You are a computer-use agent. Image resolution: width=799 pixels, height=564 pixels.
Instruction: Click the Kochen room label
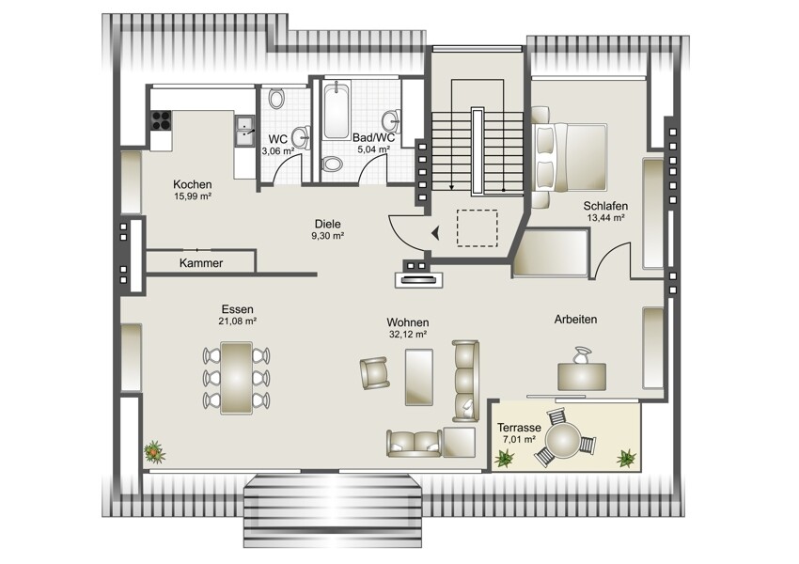click(192, 184)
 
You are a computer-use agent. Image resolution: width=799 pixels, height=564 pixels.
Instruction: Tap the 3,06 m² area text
click(277, 150)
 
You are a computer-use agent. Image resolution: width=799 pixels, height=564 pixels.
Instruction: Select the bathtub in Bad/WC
click(337, 111)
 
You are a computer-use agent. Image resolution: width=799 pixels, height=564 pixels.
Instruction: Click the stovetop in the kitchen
click(161, 120)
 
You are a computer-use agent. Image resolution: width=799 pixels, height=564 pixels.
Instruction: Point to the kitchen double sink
click(245, 131)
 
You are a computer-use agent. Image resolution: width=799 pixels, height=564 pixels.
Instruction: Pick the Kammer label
click(201, 263)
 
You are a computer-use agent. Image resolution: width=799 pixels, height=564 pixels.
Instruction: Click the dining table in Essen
click(237, 378)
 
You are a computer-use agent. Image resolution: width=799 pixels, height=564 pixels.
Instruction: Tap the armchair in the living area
click(374, 373)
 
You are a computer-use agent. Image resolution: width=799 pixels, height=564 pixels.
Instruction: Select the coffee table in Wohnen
click(419, 377)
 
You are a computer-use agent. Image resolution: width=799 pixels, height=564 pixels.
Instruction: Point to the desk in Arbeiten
click(582, 377)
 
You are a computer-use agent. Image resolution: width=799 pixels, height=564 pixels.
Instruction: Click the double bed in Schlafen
click(571, 157)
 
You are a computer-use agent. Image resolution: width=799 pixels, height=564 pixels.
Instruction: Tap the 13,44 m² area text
click(606, 217)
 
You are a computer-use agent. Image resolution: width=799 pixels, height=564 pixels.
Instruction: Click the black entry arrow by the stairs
click(435, 233)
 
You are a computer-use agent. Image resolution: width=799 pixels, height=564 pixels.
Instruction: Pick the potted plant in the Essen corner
click(154, 452)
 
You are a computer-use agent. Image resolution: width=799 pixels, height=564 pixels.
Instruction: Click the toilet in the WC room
click(276, 99)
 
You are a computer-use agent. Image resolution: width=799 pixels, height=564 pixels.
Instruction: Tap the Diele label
click(328, 224)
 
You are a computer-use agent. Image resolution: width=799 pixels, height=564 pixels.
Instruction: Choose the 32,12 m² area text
click(408, 335)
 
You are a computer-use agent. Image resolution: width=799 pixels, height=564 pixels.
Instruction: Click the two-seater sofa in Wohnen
click(415, 444)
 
